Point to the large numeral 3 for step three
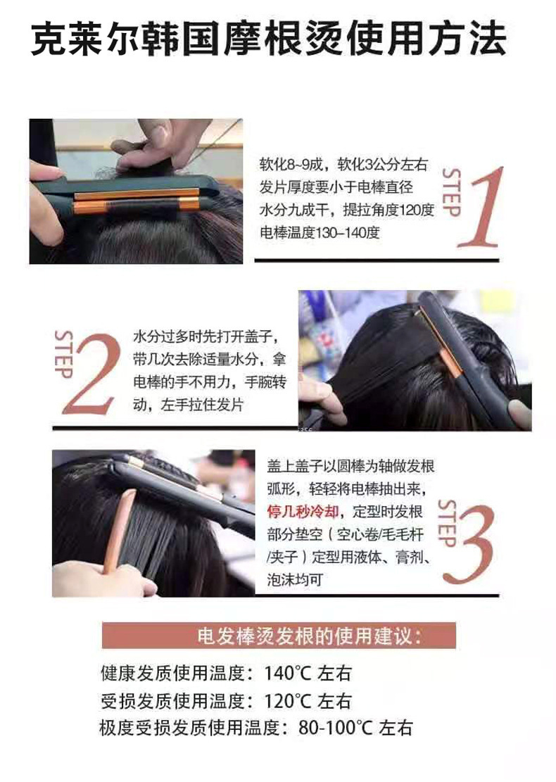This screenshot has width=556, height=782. coord(469,541)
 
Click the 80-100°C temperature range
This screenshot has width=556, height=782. coord(336,728)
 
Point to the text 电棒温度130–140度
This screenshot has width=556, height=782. coord(320,233)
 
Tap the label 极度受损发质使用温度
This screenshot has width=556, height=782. coord(186,728)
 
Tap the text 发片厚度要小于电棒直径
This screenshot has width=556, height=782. coord(336,188)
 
